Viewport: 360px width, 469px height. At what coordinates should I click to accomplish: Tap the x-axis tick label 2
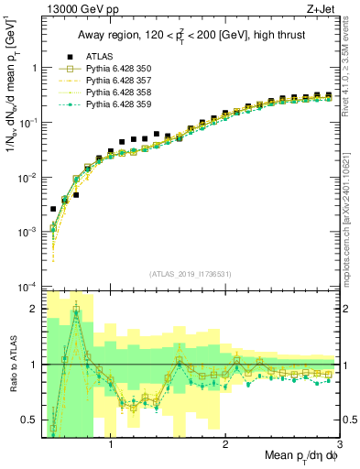click(x=226, y=443)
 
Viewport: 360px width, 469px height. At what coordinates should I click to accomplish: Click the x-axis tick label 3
click(x=340, y=443)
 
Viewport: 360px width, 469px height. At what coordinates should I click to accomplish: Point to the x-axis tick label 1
click(x=112, y=443)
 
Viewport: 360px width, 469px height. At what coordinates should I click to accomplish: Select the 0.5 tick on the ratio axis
click(x=30, y=420)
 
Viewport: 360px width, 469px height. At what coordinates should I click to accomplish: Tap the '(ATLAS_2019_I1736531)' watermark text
click(x=191, y=274)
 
